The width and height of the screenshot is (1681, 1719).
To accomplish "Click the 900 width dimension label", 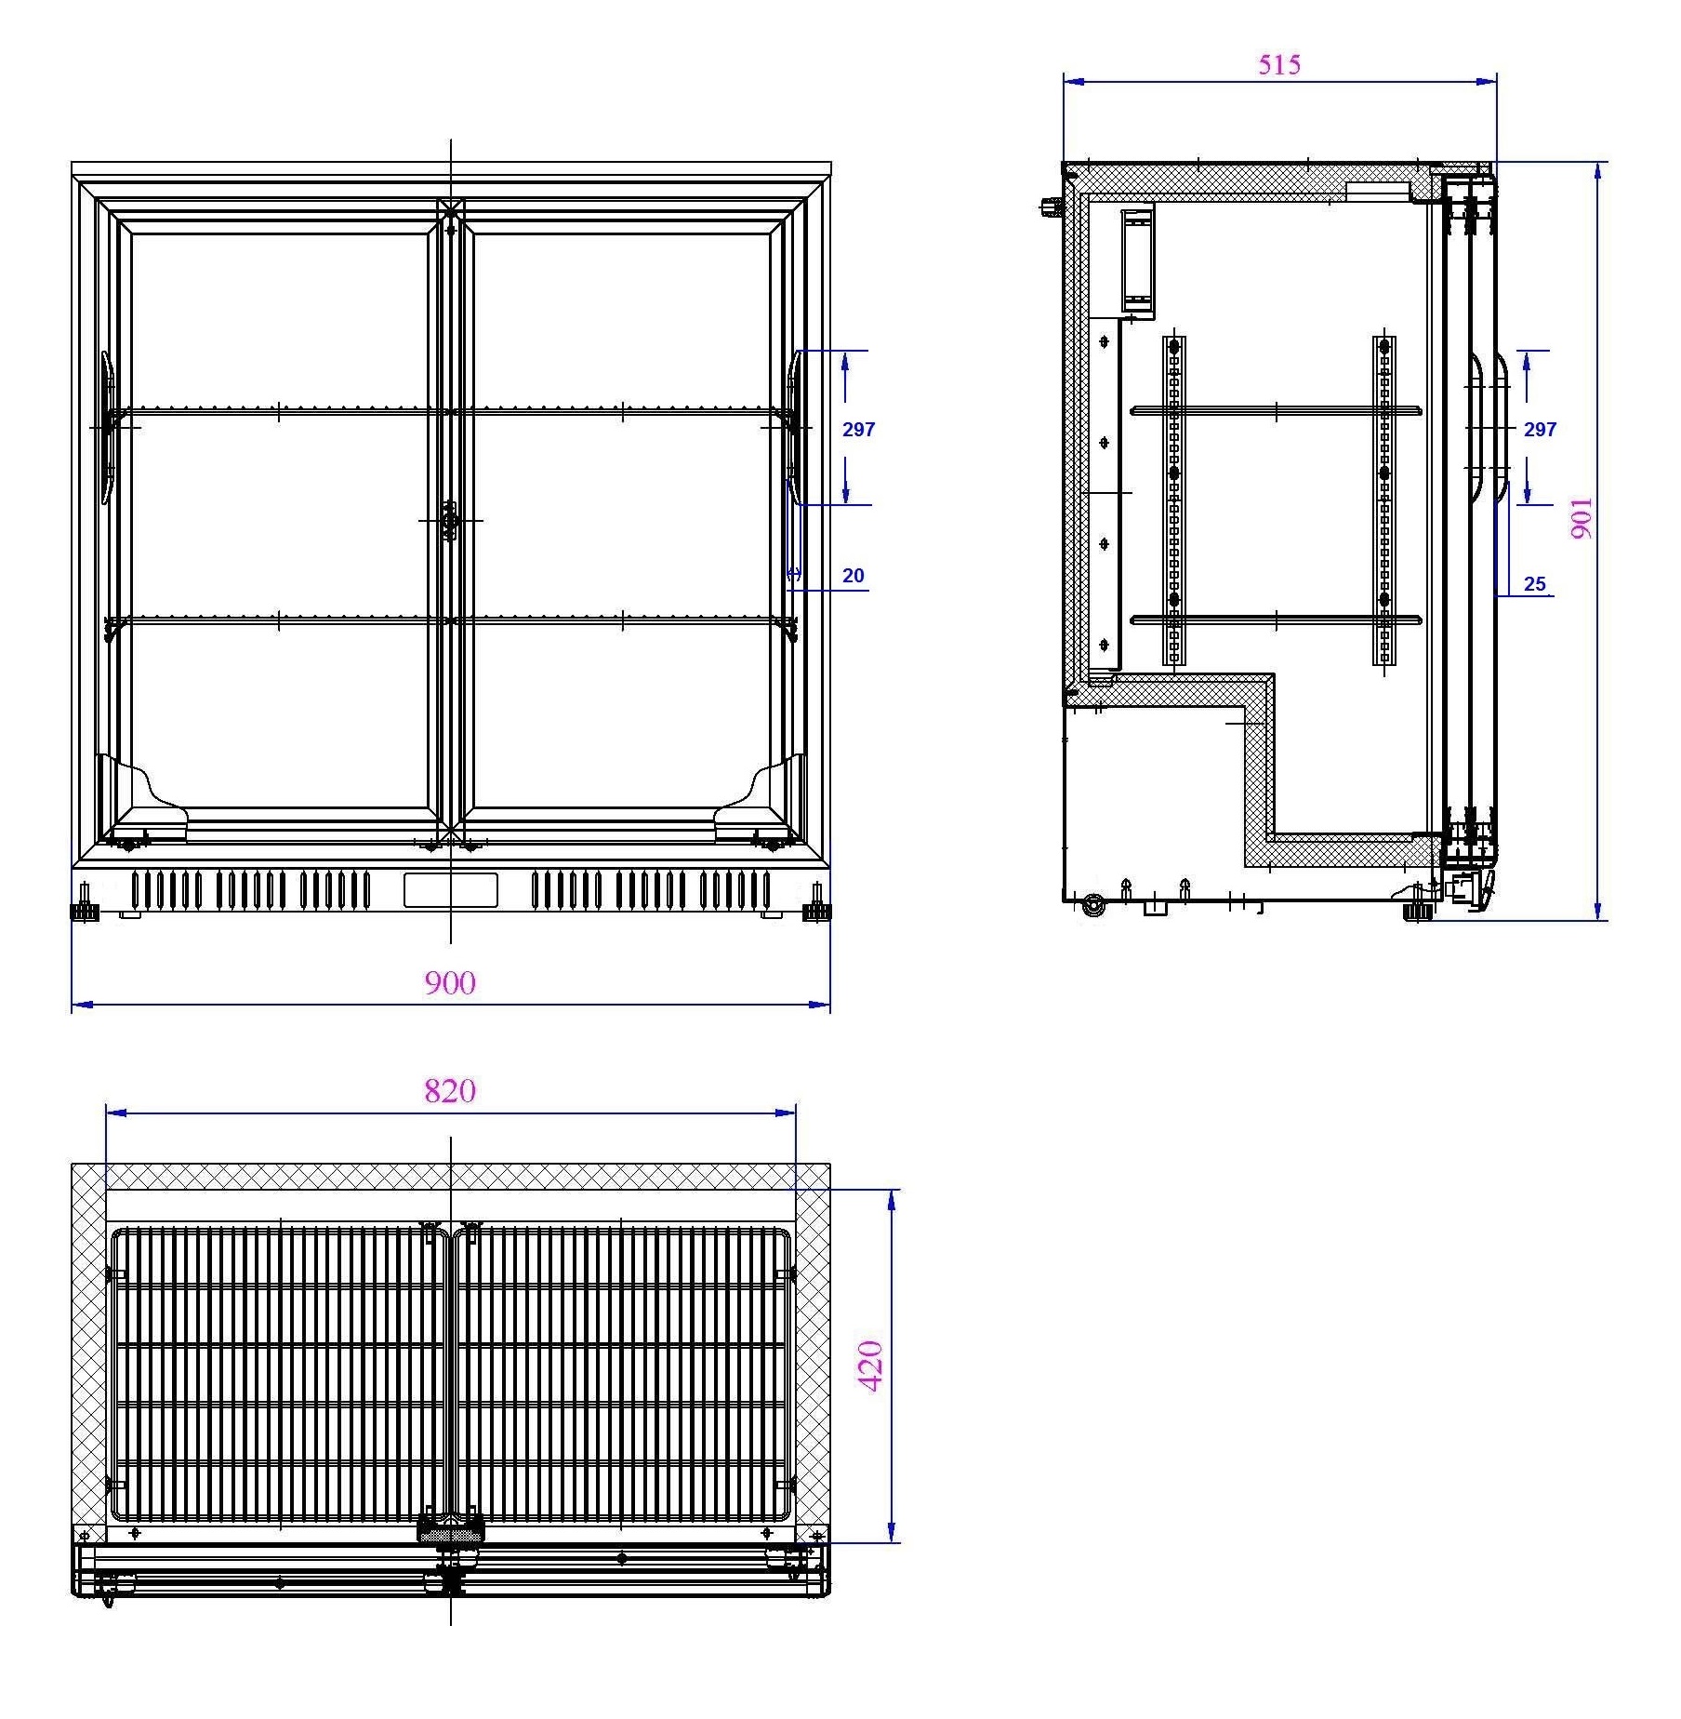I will coord(450,983).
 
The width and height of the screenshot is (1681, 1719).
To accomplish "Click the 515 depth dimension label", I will coord(1279,65).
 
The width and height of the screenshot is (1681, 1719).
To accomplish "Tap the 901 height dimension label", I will coord(1582,518).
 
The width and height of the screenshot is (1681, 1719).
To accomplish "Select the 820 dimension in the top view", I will coord(450,1090).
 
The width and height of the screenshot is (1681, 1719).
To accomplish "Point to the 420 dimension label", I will coord(871,1366).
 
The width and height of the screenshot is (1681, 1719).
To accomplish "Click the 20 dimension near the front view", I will coord(853,576).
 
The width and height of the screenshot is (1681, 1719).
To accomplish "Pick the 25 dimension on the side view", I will coord(1534,584).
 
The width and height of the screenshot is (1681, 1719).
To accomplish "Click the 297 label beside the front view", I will coord(858,429).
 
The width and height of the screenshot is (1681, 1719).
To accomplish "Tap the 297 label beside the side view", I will coord(1540,429).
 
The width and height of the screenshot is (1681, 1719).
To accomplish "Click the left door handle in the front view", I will coord(108,427).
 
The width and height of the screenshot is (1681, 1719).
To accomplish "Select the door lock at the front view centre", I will coord(451,521).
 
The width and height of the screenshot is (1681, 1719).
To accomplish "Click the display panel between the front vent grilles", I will coord(450,890).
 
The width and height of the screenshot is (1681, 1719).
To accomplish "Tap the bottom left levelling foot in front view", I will coord(85,908).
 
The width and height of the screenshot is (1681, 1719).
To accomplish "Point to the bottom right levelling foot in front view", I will coord(816,908).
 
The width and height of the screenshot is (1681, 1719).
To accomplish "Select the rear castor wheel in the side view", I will coord(1093,904).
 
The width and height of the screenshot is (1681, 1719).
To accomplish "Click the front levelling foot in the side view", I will coord(1417,909).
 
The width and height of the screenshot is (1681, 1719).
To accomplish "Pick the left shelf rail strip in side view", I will coord(1174,500).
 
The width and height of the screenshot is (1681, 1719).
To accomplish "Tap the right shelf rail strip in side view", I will coord(1384,500).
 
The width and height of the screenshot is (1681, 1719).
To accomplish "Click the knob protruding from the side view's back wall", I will coord(1051,207).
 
